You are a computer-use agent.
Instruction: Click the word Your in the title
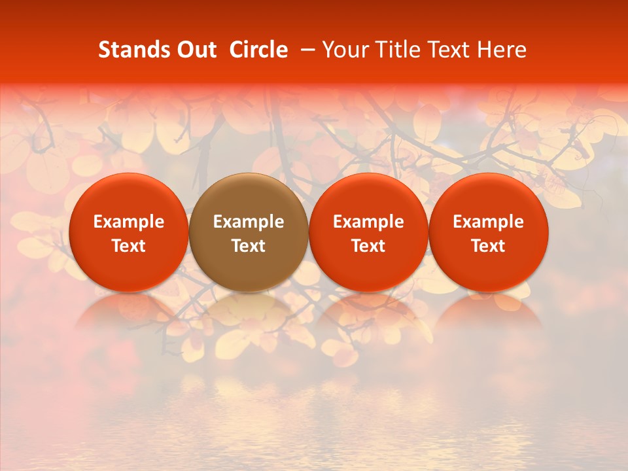pyautogui.click(x=345, y=50)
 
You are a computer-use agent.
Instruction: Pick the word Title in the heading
pyautogui.click(x=398, y=50)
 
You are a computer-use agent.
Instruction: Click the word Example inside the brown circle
pyautogui.click(x=249, y=222)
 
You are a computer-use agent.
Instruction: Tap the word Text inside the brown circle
pyautogui.click(x=249, y=246)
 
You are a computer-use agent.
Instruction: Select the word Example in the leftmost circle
pyautogui.click(x=129, y=222)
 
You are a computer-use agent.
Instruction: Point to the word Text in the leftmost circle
pyautogui.click(x=129, y=246)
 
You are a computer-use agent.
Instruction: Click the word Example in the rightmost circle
pyautogui.click(x=489, y=222)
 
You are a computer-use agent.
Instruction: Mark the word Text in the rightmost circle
pyautogui.click(x=489, y=246)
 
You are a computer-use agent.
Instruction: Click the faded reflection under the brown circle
pyautogui.click(x=249, y=314)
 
